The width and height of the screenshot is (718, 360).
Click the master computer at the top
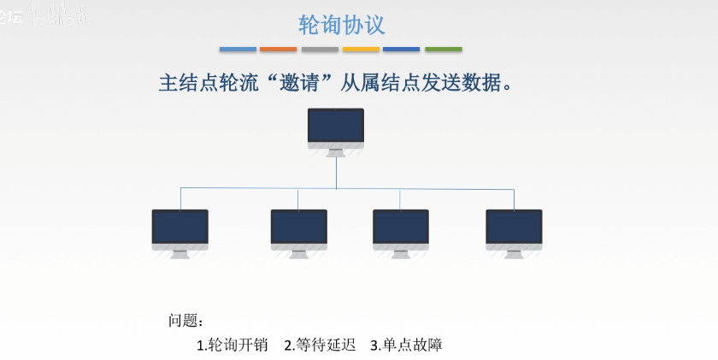336,128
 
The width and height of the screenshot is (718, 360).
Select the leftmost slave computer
180,229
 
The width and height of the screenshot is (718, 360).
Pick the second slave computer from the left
298,229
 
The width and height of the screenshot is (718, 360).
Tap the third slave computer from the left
400,229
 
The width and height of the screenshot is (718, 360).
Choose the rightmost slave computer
514,229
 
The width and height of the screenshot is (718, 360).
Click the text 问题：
185,321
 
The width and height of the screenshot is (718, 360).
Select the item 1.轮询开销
232,345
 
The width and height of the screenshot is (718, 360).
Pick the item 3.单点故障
406,345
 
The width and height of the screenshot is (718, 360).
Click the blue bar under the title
238,50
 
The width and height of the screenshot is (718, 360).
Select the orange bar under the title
279,50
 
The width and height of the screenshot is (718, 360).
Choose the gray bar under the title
320,50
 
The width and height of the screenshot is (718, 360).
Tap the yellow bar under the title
361,50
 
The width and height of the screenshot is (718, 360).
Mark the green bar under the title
443,50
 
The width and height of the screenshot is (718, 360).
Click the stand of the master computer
336,153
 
